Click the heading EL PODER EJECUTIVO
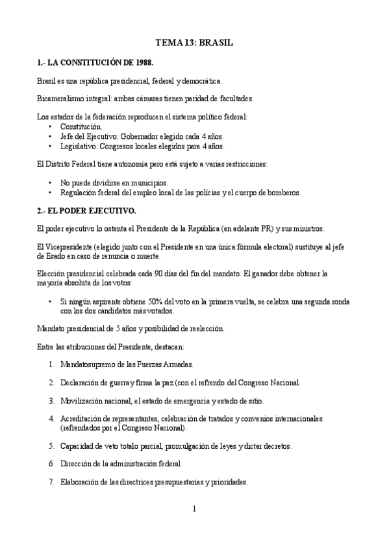coord(91,211)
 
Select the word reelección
coord(207,329)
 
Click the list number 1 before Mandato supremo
coord(51,365)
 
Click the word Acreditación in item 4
coord(79,419)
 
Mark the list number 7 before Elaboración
coord(51,482)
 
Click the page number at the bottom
coord(194,509)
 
